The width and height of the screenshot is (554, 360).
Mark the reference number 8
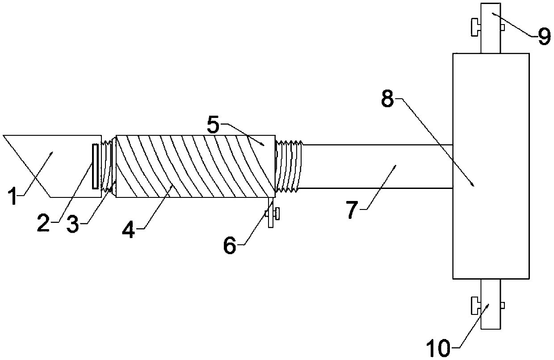point(387,99)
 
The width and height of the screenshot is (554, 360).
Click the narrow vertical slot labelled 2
point(95,166)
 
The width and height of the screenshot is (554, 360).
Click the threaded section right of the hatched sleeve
point(288,166)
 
